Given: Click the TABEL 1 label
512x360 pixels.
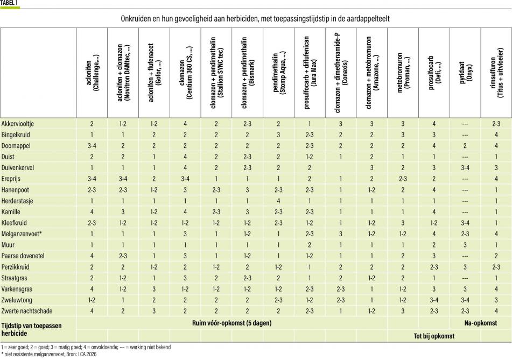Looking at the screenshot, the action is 10,3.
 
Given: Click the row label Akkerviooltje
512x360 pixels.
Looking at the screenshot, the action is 18,124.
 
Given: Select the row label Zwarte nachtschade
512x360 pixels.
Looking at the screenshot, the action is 27,311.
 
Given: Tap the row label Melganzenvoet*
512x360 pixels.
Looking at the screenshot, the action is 22,234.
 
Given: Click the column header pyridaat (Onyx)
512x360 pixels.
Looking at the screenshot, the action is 465,73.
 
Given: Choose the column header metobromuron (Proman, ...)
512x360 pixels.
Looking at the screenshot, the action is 403,73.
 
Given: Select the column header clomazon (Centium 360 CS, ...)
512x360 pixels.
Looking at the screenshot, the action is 185,73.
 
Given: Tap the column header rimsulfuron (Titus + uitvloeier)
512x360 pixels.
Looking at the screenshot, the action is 496,73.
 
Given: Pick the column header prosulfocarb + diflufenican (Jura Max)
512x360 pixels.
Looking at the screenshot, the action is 310,73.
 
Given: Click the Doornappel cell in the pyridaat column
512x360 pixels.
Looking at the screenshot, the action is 465,146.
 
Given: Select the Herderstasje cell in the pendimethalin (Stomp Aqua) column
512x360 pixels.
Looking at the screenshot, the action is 278,201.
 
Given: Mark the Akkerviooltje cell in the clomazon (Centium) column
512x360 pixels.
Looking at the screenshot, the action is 185,124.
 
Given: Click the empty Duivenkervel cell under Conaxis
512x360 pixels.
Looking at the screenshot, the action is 341,168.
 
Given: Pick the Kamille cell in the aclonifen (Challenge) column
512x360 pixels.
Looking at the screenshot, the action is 92,212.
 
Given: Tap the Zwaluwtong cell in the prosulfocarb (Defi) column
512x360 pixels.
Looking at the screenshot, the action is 434,300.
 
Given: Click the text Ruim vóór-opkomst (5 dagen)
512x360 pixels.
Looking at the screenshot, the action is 232,323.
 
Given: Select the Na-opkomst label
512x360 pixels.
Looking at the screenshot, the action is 480,323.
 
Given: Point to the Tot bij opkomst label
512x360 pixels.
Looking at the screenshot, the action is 434,336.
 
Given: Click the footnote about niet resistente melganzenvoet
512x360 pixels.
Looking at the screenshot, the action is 48,354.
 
